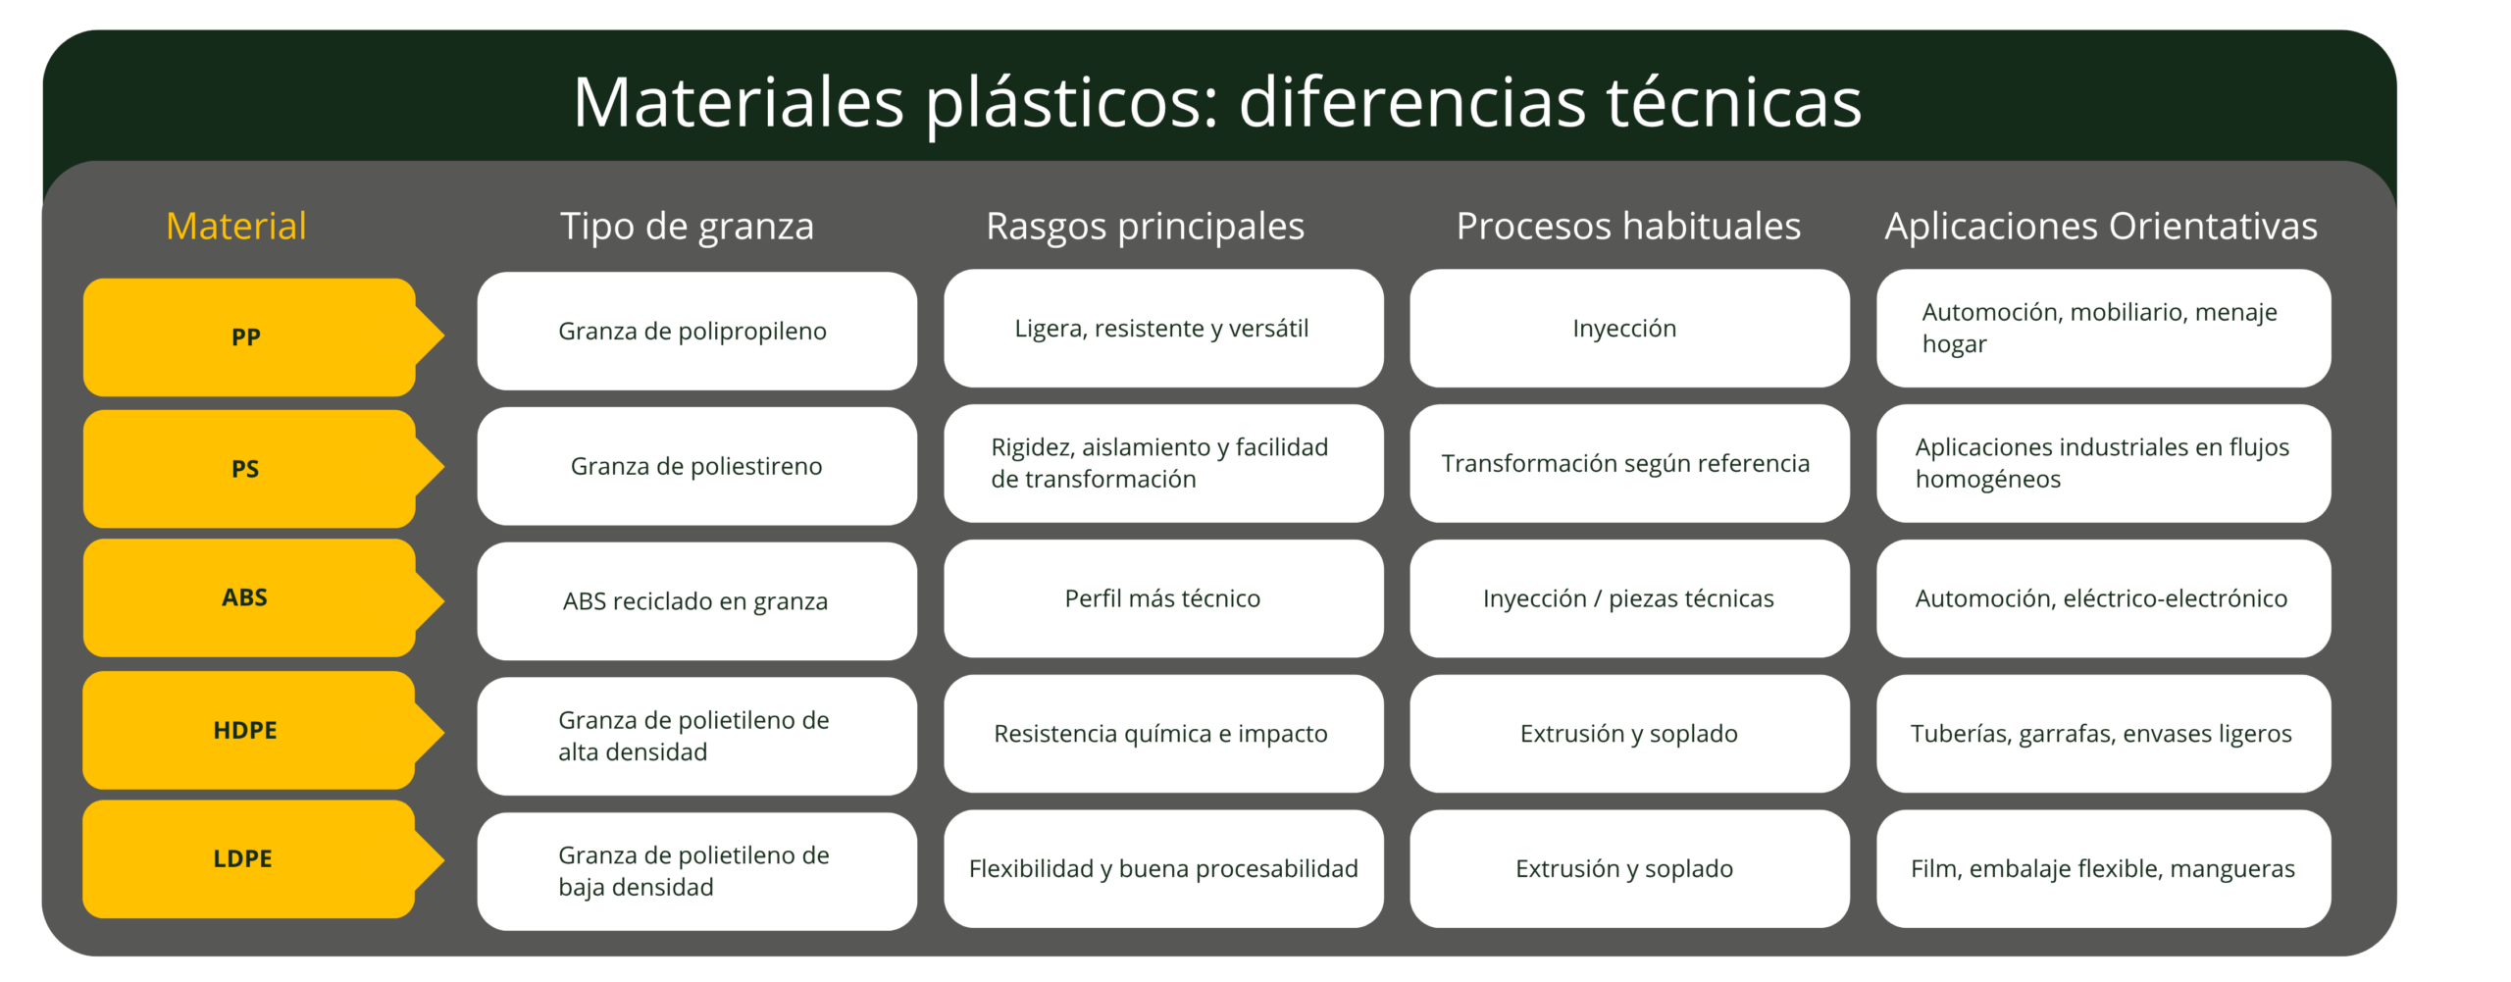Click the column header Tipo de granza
(687, 227)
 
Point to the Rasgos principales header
(1145, 227)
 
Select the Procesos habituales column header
(1628, 227)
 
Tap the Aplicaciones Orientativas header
(2101, 227)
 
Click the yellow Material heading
(236, 227)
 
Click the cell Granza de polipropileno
(696, 331)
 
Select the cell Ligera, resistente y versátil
(1163, 328)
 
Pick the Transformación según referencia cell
(1628, 463)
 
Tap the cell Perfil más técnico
(1163, 598)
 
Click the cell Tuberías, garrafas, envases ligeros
(2102, 734)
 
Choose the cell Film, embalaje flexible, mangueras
(2102, 868)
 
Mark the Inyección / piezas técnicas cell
(1628, 598)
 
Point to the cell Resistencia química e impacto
(1163, 734)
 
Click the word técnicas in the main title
(1733, 102)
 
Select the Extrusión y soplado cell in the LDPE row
(1628, 868)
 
